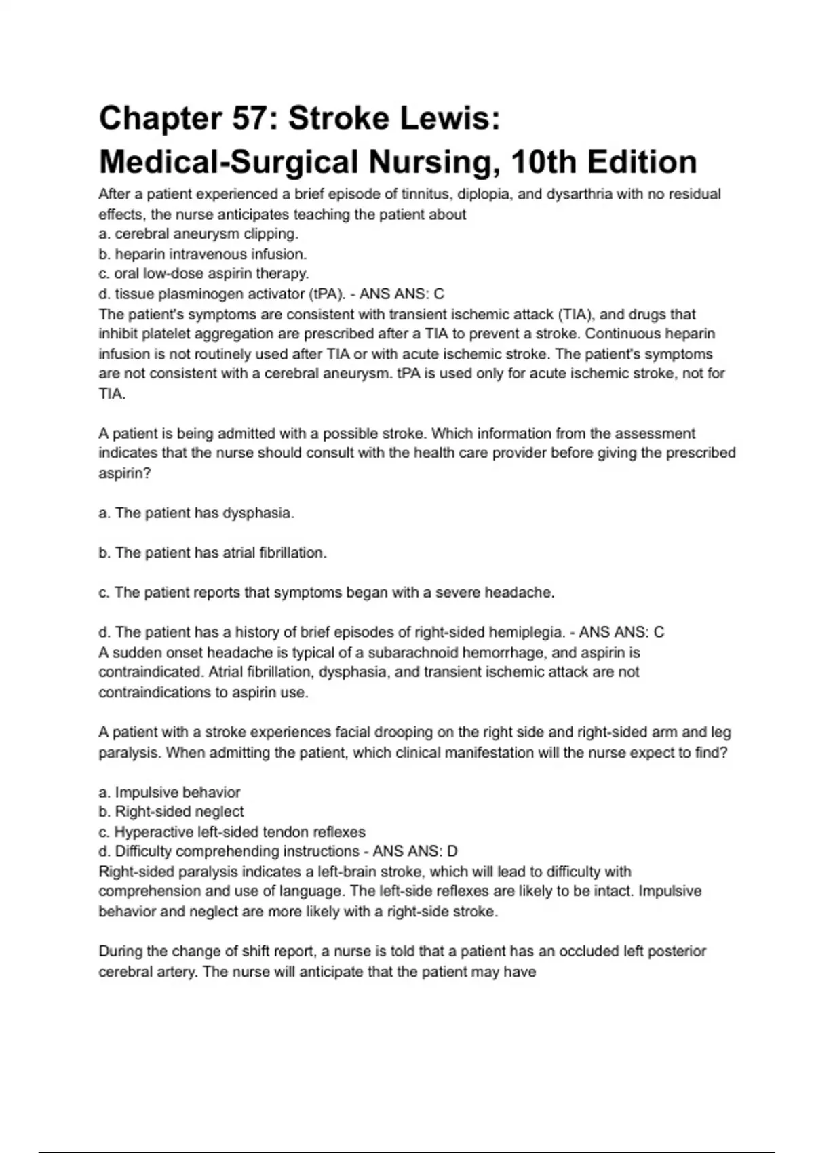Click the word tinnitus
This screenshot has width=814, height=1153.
[x=426, y=194]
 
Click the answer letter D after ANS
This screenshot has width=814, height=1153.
[x=452, y=851]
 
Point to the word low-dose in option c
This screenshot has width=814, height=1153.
[x=167, y=274]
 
